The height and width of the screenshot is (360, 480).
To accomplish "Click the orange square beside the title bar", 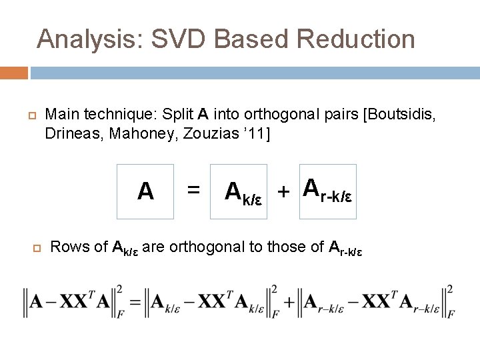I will [13, 73].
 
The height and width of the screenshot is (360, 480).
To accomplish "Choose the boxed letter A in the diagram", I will [145, 192].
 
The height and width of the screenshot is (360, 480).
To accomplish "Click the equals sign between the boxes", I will [193, 190].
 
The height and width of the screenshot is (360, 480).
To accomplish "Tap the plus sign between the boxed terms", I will [283, 192].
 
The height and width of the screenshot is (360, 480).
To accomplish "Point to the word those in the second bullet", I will [285, 247].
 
